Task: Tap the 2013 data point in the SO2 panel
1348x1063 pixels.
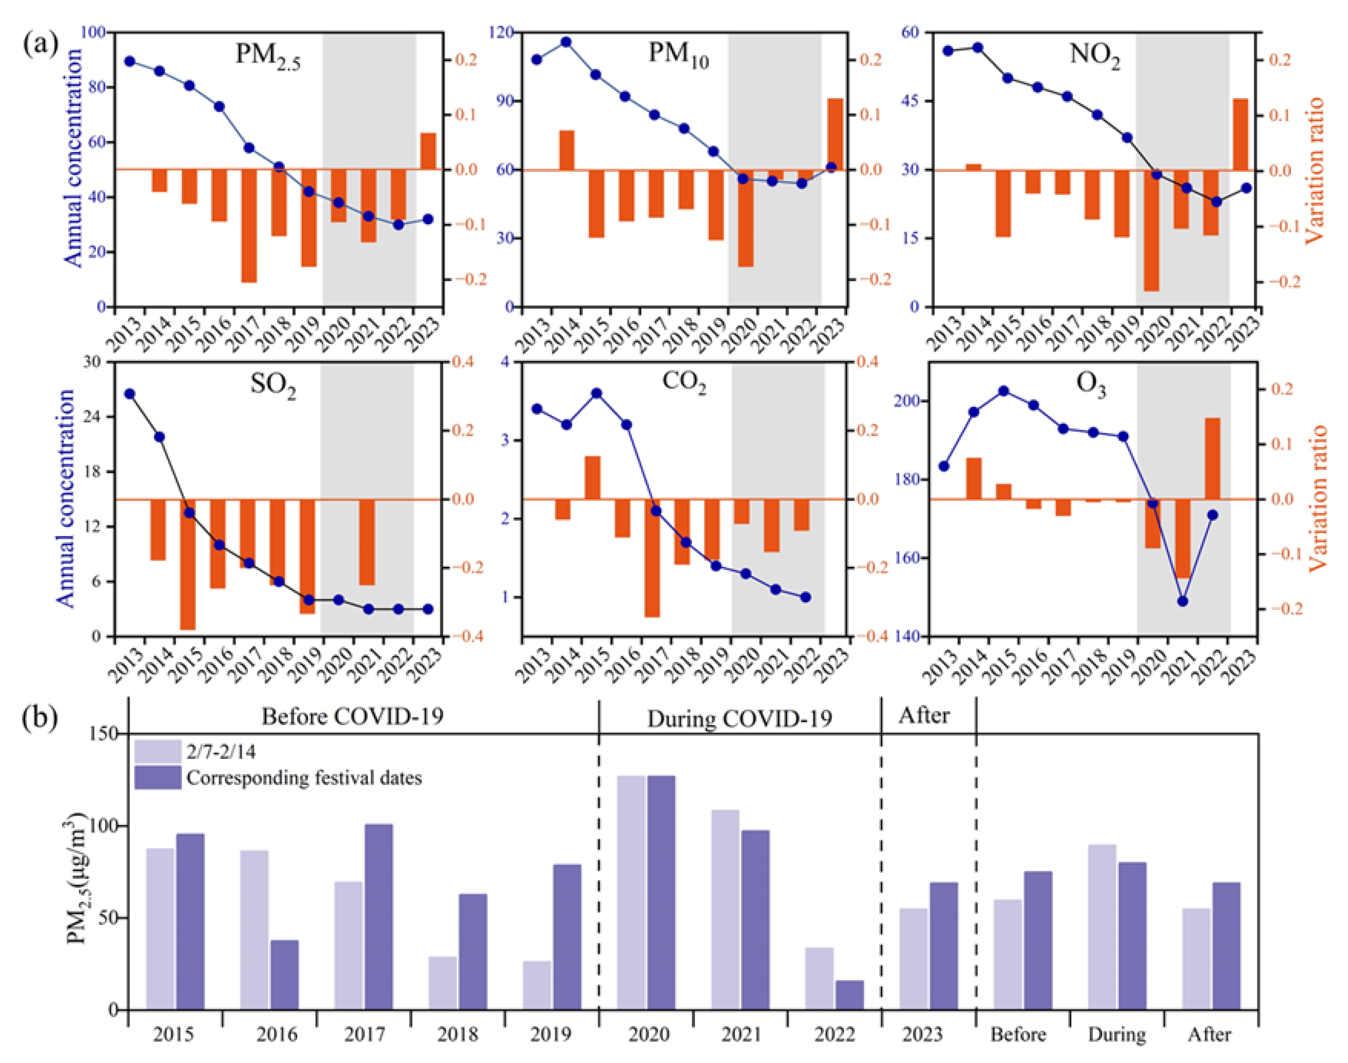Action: (129, 394)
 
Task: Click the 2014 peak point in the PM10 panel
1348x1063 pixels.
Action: (566, 42)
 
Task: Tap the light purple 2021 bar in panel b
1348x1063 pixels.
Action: (725, 909)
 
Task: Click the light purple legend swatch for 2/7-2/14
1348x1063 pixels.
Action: (158, 751)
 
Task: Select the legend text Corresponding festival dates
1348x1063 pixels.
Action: (304, 778)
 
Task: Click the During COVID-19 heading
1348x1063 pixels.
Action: (739, 719)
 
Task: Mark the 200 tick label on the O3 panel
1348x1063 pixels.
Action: (909, 401)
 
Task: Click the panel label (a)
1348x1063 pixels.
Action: (41, 45)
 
